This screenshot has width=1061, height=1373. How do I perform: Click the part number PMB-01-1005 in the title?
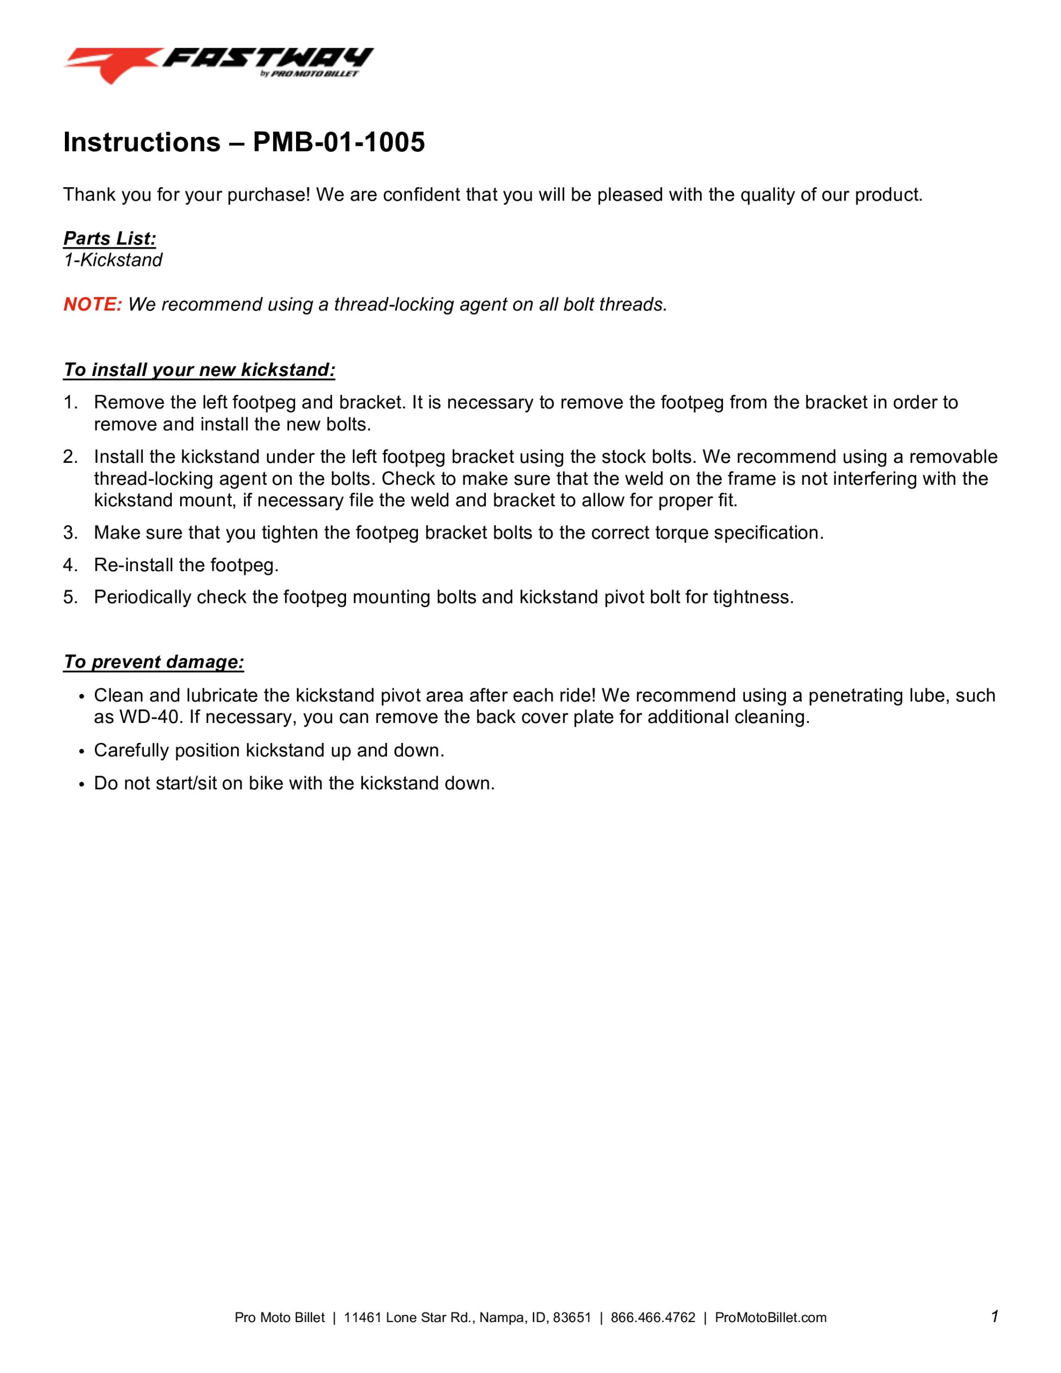point(338,143)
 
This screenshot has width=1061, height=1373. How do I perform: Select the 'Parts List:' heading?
point(109,238)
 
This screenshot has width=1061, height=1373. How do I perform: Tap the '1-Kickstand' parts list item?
point(113,260)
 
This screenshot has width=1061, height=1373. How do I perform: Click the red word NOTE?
point(92,305)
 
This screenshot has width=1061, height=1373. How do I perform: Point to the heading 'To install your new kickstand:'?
point(199,370)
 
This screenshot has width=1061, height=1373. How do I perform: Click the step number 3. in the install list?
point(70,533)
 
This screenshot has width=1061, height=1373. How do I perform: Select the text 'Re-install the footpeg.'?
point(186,565)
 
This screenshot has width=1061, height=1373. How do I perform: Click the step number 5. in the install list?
point(70,597)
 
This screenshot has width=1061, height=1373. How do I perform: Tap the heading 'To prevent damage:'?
point(153,662)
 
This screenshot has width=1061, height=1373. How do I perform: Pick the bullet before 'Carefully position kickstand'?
point(81,752)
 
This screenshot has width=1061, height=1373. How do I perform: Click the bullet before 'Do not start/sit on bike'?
point(81,785)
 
